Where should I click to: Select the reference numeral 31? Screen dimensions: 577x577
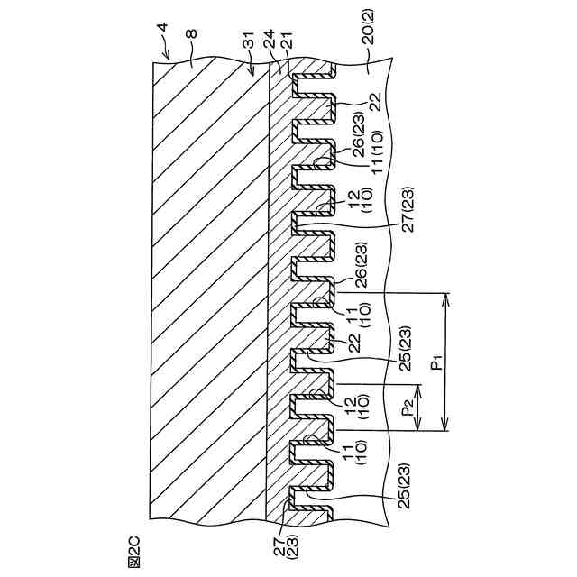click(x=250, y=45)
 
